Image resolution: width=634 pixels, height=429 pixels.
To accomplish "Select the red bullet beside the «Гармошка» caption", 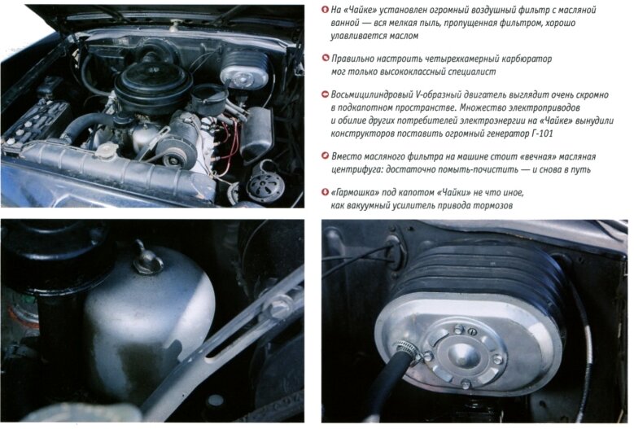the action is (325, 192).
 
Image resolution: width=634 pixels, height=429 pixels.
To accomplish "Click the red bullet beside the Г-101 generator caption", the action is (325, 94).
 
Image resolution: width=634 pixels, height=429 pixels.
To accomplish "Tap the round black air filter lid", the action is (153, 77).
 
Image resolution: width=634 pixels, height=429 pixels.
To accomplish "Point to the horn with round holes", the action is (265, 186).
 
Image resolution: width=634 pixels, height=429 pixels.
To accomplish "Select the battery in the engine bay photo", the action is (34, 121).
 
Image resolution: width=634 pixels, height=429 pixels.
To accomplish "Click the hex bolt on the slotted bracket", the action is (279, 306).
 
